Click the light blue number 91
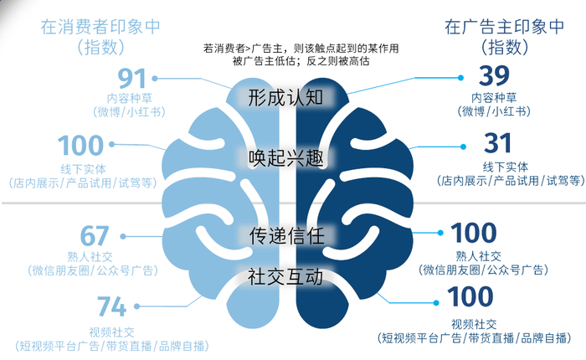[132, 79]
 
